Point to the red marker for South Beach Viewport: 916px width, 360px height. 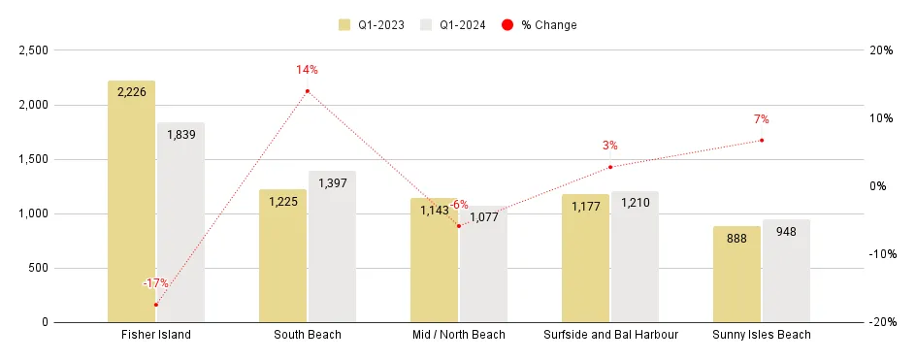pos(308,91)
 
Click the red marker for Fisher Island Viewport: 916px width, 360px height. pos(156,305)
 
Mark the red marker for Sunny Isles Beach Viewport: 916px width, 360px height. pos(762,141)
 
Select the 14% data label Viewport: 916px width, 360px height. pos(308,70)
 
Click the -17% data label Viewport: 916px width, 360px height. pos(155,283)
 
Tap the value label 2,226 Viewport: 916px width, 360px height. pos(131,92)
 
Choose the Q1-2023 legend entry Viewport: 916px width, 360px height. pos(374,24)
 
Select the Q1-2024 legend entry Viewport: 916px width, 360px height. pos(455,24)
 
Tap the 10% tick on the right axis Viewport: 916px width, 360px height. pos(882,118)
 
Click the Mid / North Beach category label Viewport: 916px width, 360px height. pos(459,336)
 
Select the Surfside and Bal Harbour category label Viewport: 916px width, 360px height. pos(610,336)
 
